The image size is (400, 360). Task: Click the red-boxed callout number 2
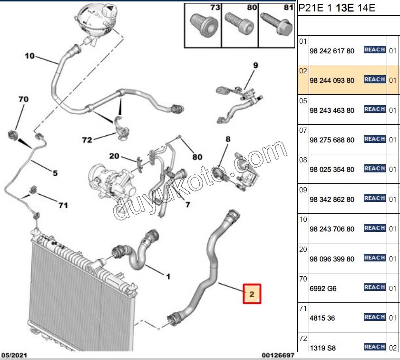[252, 294]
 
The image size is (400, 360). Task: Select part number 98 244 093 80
[332, 80]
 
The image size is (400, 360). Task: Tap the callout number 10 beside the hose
[29, 56]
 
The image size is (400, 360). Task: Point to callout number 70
[23, 99]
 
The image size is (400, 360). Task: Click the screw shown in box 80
[239, 23]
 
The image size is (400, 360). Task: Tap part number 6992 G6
[323, 289]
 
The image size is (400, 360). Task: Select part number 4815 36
[322, 318]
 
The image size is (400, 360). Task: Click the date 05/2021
[14, 355]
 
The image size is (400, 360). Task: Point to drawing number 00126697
[278, 355]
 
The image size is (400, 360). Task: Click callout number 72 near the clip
[87, 140]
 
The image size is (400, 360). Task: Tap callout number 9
[255, 65]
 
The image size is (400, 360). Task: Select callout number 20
[114, 156]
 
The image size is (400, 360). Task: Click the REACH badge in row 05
[375, 109]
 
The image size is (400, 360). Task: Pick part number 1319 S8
[322, 348]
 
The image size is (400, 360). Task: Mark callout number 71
[63, 205]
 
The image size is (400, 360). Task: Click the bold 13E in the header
[345, 8]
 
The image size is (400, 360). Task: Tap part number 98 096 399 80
[332, 259]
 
